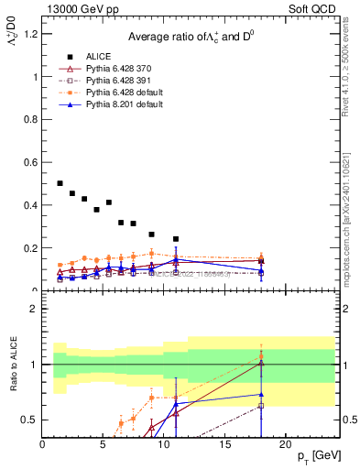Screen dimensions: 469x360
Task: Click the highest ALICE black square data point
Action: point(60,183)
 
